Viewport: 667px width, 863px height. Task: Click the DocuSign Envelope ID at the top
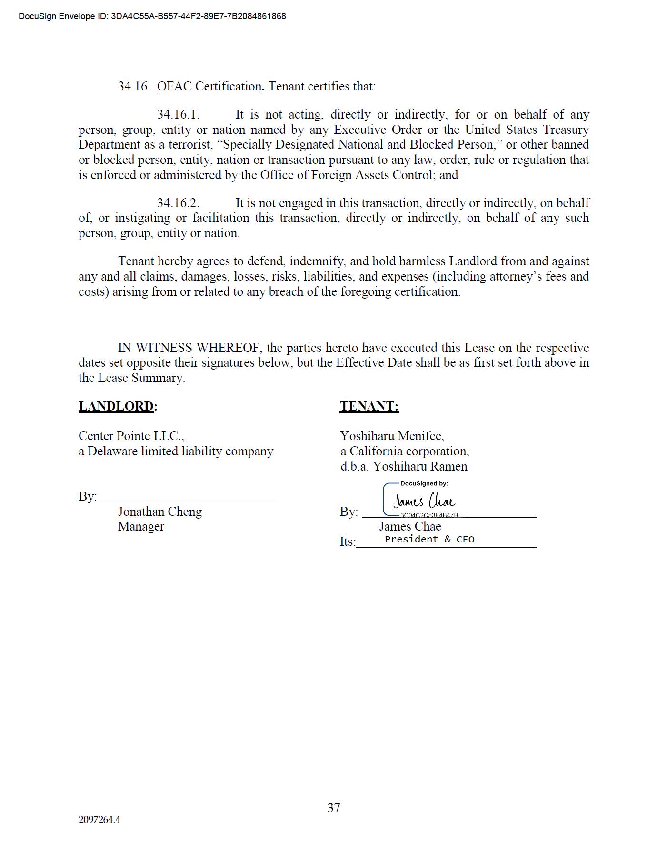[152, 16]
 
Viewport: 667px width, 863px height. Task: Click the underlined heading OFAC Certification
[209, 86]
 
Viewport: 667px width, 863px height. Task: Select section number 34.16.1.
[178, 115]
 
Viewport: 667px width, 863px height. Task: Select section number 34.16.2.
[178, 203]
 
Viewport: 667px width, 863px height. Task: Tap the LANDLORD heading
[116, 406]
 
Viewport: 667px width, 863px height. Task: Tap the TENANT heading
[369, 406]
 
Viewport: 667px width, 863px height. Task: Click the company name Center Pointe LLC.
[131, 436]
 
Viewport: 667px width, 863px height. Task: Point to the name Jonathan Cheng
[160, 512]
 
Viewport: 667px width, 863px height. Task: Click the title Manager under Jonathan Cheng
[141, 526]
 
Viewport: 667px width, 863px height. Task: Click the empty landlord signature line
[186, 497]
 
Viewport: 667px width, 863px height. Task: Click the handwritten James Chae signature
[424, 501]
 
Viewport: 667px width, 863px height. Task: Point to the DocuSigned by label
[424, 483]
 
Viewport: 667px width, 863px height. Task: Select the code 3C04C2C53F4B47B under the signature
[429, 515]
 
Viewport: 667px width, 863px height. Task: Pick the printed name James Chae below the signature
[410, 526]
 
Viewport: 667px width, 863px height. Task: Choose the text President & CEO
[429, 539]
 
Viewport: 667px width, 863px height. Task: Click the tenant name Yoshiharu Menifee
[392, 436]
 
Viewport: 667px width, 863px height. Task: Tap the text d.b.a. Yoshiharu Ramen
[404, 466]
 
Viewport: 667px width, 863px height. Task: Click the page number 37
[334, 807]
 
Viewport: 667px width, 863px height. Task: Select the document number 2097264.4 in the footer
[100, 820]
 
